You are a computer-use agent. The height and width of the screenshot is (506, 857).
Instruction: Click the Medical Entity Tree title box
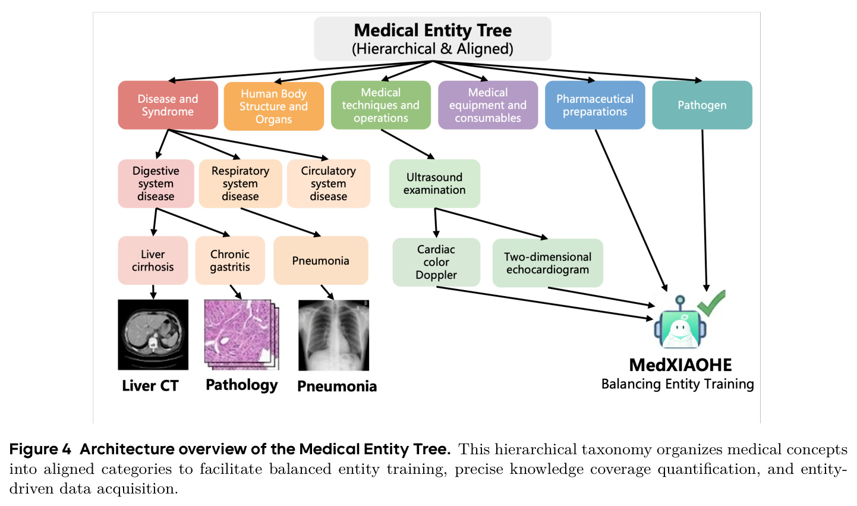click(x=432, y=39)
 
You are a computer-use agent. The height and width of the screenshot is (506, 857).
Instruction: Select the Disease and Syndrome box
click(x=168, y=105)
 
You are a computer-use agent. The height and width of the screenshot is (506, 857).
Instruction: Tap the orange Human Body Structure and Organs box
click(x=274, y=106)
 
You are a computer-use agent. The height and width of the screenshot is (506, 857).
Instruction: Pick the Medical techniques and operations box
click(x=381, y=105)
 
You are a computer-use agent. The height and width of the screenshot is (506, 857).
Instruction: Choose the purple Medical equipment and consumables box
click(x=488, y=105)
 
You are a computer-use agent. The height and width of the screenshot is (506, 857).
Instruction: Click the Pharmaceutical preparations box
click(x=595, y=105)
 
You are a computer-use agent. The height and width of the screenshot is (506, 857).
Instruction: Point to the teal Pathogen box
click(x=702, y=105)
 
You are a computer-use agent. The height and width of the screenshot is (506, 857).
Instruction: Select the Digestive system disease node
click(x=156, y=184)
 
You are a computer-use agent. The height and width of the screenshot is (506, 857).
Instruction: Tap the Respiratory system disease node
click(x=240, y=184)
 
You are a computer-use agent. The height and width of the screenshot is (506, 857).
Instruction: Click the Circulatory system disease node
click(x=328, y=184)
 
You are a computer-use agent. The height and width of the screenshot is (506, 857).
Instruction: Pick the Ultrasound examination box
click(x=434, y=184)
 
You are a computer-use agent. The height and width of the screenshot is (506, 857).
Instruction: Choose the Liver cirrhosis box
click(x=153, y=260)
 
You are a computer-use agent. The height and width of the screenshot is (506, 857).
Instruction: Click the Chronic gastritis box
click(x=230, y=260)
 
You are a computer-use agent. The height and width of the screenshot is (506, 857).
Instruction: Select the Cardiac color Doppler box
click(x=436, y=262)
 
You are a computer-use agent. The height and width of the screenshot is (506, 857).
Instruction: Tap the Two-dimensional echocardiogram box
click(x=547, y=263)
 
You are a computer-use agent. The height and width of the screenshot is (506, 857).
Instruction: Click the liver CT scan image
click(x=153, y=335)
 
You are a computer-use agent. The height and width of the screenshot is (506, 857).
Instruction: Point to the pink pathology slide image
click(x=241, y=335)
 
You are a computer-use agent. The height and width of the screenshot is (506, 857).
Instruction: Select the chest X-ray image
click(x=333, y=335)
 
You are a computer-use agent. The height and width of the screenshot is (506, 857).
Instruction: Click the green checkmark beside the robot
click(x=711, y=303)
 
